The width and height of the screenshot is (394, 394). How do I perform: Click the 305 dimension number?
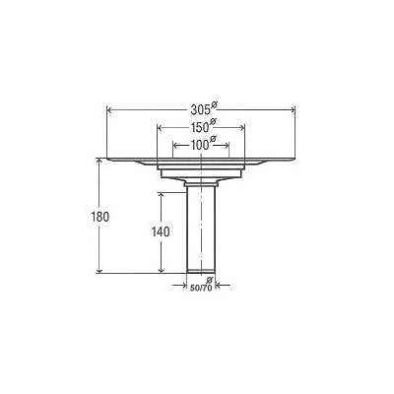200,110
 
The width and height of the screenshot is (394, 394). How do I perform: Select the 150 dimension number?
200,127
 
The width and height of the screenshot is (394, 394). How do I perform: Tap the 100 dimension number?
200,145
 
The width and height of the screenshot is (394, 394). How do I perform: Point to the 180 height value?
99,217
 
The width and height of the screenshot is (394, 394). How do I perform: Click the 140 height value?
161,232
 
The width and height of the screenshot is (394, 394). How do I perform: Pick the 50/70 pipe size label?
201,288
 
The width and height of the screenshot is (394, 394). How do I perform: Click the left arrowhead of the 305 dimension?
110,110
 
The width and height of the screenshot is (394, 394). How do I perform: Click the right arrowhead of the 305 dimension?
293,110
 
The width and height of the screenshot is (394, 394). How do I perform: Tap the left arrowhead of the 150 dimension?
161,128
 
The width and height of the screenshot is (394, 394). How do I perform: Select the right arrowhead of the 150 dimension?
241,128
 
